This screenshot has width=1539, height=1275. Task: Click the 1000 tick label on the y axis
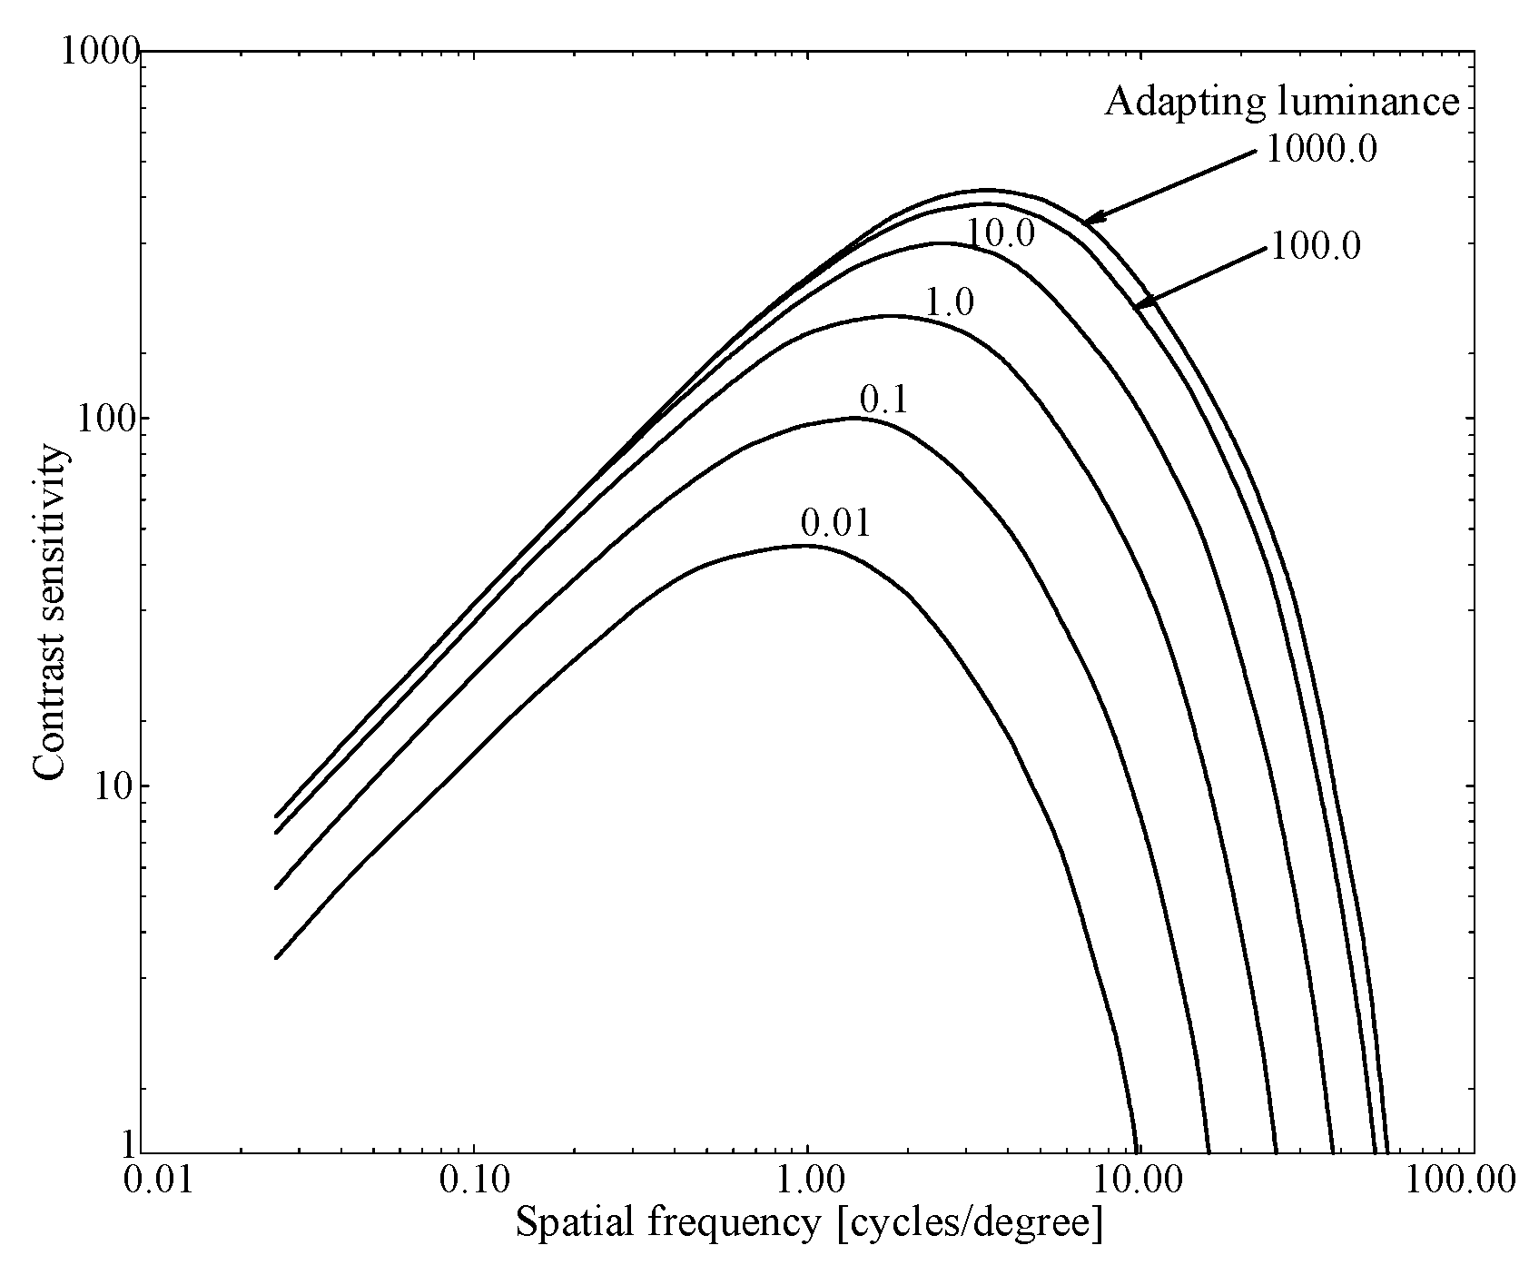click(x=98, y=52)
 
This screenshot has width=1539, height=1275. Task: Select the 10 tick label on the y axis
click(x=115, y=786)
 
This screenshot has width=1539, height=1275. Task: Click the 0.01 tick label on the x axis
click(x=161, y=1180)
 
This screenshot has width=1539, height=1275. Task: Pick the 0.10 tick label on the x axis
click(x=473, y=1180)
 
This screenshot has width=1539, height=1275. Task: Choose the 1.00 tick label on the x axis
click(x=807, y=1180)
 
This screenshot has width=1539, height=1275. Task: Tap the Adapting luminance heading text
click(x=1281, y=102)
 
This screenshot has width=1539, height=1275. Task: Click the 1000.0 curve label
click(x=1321, y=150)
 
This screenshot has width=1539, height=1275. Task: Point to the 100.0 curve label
click(x=1314, y=246)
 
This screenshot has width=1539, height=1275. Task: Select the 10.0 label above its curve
click(x=1000, y=234)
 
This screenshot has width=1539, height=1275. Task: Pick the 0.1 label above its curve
click(x=883, y=400)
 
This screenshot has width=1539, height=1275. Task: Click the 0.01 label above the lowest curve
click(x=835, y=524)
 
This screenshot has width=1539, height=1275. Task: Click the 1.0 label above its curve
click(x=949, y=302)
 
